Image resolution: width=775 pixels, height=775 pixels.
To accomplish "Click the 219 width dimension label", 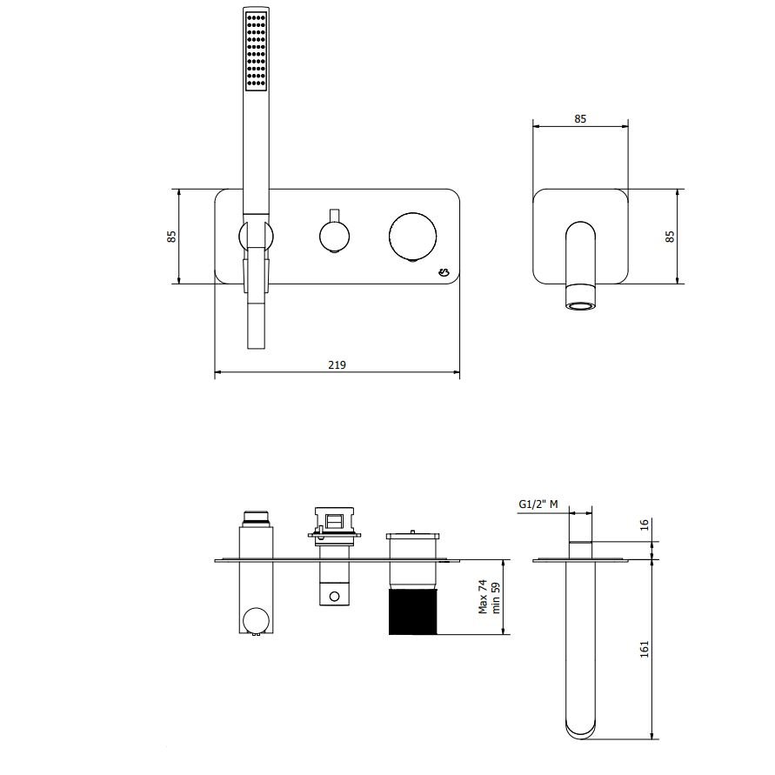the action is pos(337,364).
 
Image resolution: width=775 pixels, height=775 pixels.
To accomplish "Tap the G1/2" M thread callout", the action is pos(538,504).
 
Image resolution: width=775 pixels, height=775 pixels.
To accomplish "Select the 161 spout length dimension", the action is pos(644,649).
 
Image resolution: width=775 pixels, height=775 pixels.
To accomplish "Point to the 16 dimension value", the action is pos(644,524).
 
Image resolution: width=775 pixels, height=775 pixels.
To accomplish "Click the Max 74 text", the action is pos(483,597).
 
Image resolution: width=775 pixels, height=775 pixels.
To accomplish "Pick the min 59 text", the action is pos(496,598).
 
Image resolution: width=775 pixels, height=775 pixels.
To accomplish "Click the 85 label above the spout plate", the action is pos(580,118).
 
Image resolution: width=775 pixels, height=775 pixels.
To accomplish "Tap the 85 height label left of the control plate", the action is pos(171,237).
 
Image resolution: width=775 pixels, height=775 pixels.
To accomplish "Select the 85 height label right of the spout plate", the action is pos(671,237).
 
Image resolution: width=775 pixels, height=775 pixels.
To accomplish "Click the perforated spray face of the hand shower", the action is pos(257,51).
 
